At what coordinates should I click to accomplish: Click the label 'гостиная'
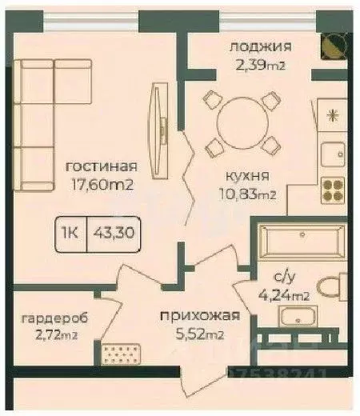[x=100, y=167]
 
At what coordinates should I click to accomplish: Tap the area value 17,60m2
[x=100, y=185]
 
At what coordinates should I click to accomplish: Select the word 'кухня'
[x=246, y=175]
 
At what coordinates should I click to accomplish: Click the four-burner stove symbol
[x=332, y=189]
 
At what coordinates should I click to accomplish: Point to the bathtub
[x=302, y=240]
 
